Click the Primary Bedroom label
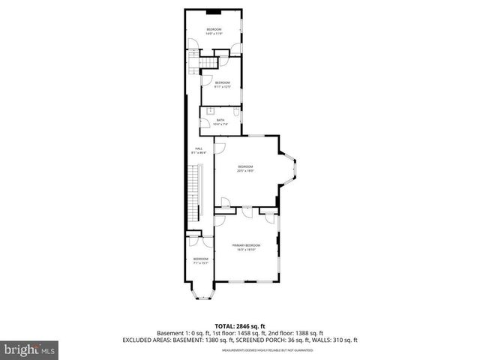[x=246, y=247]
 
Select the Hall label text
[x=199, y=150]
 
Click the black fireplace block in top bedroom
[x=214, y=12]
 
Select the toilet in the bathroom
[x=235, y=112]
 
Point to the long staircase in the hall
[x=197, y=192]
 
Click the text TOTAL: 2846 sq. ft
[x=239, y=326]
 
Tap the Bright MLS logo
[x=28, y=349]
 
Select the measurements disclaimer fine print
[x=240, y=348]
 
